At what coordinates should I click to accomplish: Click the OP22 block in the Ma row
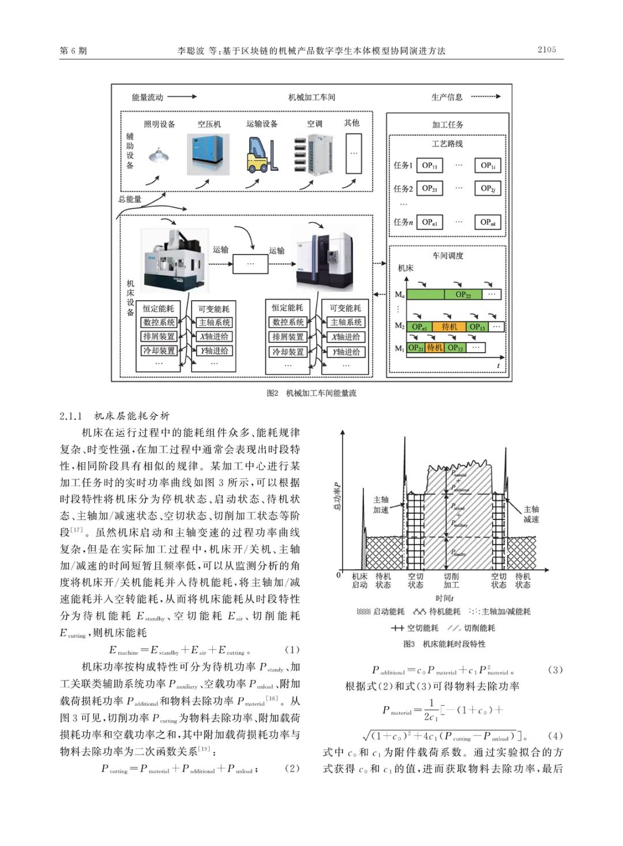click(463, 294)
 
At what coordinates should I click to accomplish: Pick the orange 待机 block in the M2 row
click(449, 327)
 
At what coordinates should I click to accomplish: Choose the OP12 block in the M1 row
click(456, 348)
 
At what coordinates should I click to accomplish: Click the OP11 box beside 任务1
click(429, 166)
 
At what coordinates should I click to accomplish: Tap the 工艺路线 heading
click(447, 144)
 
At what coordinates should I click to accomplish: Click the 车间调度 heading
click(448, 256)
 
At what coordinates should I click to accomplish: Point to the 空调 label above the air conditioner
click(314, 123)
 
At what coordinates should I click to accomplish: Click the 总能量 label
click(130, 199)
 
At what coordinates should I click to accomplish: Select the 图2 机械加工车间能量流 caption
click(311, 393)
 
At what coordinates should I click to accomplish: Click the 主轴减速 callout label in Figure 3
click(531, 514)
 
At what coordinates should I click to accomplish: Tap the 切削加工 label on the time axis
click(451, 581)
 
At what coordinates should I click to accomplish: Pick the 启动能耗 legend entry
click(381, 612)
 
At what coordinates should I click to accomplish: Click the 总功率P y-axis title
click(338, 496)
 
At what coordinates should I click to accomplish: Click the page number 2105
click(546, 50)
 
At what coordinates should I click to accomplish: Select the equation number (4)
click(554, 736)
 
